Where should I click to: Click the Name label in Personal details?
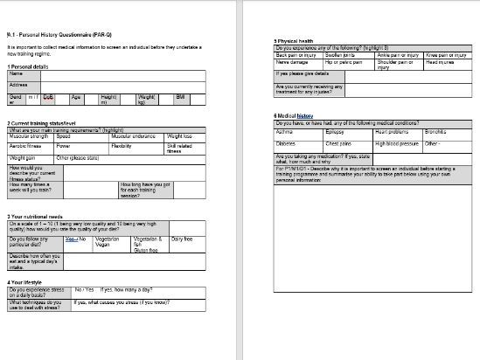coord(15,73)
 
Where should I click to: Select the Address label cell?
coord(17,85)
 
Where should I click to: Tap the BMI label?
coord(180,96)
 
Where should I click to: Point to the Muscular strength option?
coord(30,136)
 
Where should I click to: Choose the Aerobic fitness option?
coord(25,147)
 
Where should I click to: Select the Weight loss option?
coord(179,136)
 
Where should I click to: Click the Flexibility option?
coord(123,147)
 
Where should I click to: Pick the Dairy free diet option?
coord(182,239)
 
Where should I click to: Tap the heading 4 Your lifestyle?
coord(27,281)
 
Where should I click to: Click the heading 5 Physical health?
coord(296,41)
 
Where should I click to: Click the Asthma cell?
coord(286,132)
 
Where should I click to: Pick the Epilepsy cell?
coord(337,132)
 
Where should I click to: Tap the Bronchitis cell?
coord(435,132)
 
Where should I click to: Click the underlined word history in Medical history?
coord(304,115)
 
